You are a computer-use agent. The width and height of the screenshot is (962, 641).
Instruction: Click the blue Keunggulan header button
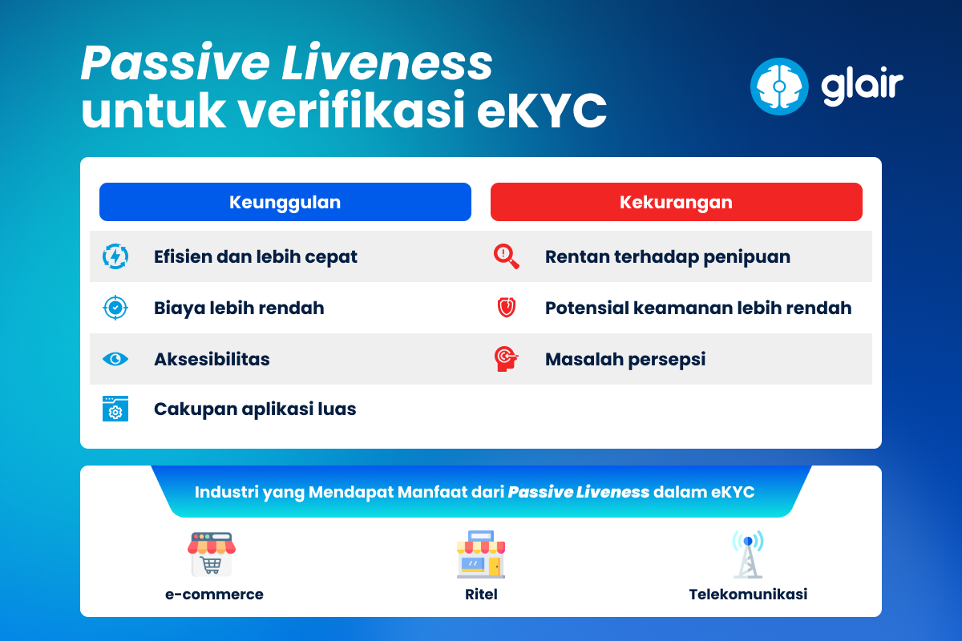tap(285, 202)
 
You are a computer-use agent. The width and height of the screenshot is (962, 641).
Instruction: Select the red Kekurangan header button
tap(676, 202)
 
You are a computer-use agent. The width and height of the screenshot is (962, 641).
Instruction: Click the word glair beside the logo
tap(862, 85)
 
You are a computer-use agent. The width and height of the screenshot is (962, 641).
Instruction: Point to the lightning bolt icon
tap(115, 256)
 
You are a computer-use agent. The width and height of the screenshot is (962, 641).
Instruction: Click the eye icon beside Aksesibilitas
tap(115, 359)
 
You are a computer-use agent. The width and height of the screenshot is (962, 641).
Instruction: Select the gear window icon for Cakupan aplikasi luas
tap(115, 409)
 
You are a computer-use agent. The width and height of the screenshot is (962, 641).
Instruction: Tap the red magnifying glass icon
tap(506, 256)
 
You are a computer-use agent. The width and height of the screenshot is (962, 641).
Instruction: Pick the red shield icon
tap(506, 308)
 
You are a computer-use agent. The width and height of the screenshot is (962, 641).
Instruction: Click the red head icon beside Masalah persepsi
tap(506, 358)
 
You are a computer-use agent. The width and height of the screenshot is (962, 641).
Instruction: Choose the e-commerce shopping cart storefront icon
tap(212, 554)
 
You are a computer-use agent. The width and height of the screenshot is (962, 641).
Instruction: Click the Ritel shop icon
tap(481, 554)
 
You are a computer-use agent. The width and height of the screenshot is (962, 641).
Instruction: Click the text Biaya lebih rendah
tap(239, 308)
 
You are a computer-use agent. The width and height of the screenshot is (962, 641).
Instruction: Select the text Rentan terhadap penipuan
tap(667, 257)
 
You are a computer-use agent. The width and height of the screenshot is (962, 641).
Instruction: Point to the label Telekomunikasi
tap(747, 595)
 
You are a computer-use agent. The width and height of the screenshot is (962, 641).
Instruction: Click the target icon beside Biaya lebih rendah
tap(115, 308)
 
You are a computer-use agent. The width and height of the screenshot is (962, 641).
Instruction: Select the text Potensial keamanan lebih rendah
tap(697, 308)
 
